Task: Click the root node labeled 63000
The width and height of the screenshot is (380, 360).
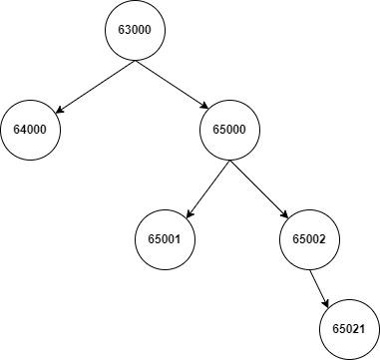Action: point(135,31)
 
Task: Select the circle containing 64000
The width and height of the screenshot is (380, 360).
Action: point(31,131)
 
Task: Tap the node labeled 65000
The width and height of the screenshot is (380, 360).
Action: point(230,131)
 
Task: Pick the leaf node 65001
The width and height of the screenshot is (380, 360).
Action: point(165,239)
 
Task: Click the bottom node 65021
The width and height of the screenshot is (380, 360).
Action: point(349,327)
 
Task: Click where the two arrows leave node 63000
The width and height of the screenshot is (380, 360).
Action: point(135,62)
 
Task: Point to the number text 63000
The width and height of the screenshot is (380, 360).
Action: point(135,31)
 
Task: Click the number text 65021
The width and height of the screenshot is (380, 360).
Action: point(349,327)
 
